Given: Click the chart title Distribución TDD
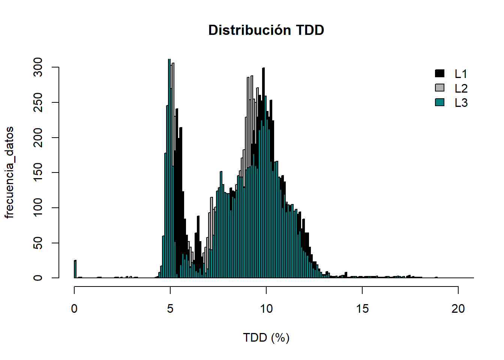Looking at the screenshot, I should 266,30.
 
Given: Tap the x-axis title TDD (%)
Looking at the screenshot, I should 266,337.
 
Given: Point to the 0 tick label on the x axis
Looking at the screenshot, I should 74,309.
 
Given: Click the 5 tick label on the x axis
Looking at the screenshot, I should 170,309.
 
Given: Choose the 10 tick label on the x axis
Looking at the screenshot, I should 266,309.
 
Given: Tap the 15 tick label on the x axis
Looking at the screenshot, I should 362,309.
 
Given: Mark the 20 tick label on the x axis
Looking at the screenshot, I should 458,309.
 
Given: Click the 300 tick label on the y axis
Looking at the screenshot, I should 38,67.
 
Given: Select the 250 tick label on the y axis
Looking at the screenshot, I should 38,102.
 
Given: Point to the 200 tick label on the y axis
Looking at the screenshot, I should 38,138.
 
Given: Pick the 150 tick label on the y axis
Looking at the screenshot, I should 38,172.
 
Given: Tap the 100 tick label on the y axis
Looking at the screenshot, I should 38,208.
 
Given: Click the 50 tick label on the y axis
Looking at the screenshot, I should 38,243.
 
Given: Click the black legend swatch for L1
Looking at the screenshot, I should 439,73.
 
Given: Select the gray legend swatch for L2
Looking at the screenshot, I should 439,88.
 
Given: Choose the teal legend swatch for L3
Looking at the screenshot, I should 439,102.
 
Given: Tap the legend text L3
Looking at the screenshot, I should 461,103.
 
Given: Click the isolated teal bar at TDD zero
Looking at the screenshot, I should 75,269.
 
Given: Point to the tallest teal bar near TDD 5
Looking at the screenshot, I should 169,169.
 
